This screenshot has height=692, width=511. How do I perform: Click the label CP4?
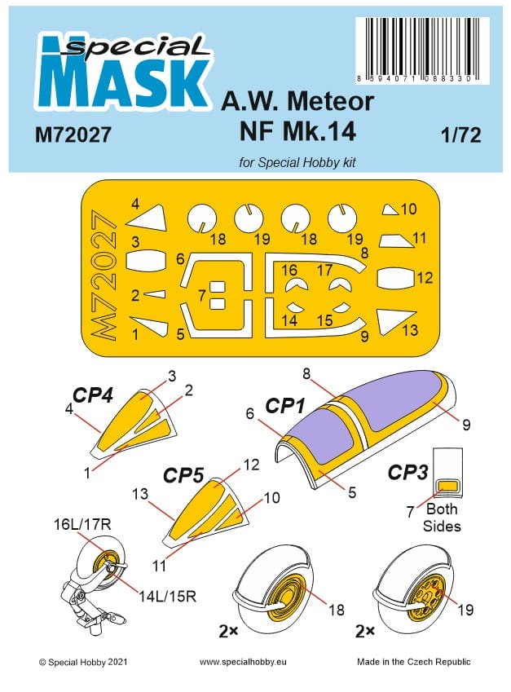[x=92, y=395]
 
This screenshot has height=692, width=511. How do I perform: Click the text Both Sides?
[x=442, y=517]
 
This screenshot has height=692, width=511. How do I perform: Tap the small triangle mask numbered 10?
[x=390, y=209]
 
